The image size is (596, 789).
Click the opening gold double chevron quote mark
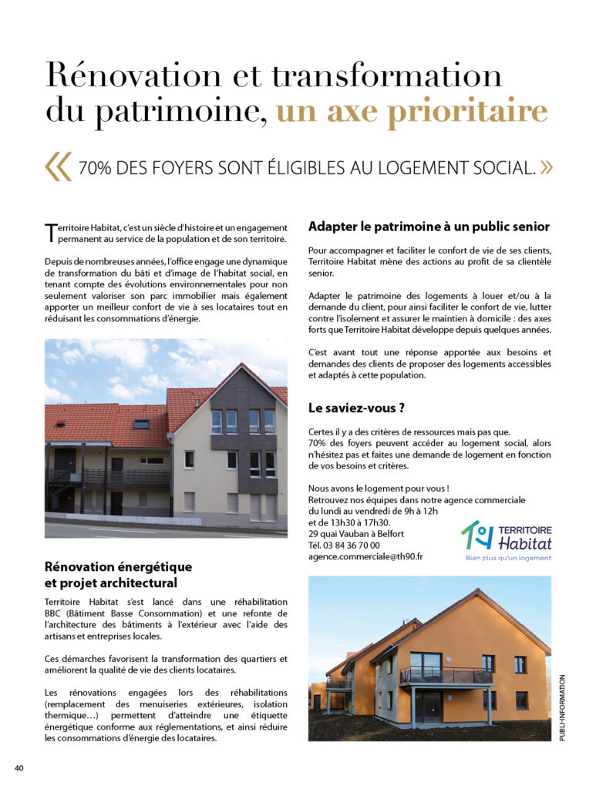coord(59,166)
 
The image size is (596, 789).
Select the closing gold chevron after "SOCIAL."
coord(546,167)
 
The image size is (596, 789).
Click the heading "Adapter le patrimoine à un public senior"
coord(429,227)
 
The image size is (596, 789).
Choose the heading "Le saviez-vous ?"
coord(356,408)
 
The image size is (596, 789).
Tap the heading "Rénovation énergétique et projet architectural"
coord(118,575)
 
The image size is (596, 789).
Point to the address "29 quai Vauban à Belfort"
coord(355,534)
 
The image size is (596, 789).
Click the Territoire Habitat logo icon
coord(476,535)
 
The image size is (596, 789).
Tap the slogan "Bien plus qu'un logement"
coord(508,558)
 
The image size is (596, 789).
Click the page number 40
coord(19,767)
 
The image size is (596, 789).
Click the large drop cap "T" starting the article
coord(50,231)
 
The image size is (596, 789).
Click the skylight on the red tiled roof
coord(141,424)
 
